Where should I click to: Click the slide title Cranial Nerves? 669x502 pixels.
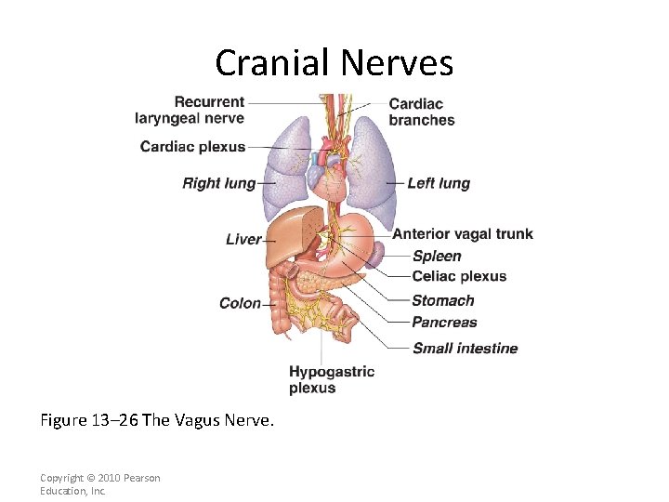pos(334,63)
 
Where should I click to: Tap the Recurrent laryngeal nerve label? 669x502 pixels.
pos(190,110)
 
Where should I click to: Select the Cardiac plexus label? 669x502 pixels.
pos(192,146)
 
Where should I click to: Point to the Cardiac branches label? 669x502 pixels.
pos(422,112)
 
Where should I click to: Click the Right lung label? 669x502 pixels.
pos(218,183)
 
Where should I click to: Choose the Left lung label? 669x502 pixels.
pos(439,183)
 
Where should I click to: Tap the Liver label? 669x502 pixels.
pos(243,239)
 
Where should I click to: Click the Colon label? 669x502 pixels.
pos(240,303)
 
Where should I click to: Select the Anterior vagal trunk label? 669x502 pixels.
pos(463,233)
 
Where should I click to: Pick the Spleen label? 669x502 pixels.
pos(437,256)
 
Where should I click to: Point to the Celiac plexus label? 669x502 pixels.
pos(459,276)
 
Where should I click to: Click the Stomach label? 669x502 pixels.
pos(443,300)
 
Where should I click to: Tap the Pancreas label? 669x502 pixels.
pos(444,323)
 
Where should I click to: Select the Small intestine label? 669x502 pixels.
pos(465,349)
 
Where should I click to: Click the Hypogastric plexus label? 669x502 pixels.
pos(332,379)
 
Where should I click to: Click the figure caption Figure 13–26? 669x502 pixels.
pos(157,420)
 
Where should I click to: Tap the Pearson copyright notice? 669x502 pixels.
pos(99,483)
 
